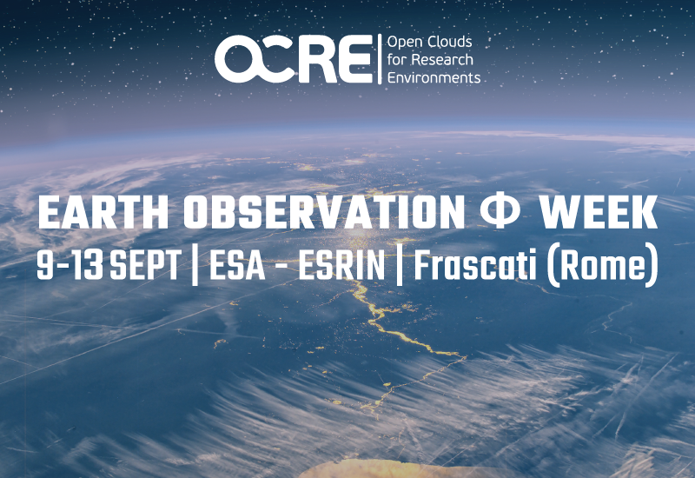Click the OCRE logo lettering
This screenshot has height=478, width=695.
tap(294, 59)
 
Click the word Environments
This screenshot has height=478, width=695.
tap(434, 77)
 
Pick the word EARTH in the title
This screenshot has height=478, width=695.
tap(103, 212)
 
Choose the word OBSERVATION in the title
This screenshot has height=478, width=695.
tap(324, 212)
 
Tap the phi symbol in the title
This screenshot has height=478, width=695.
tap(500, 212)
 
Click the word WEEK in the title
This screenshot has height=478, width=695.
tap(598, 212)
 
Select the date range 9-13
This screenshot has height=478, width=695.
tap(70, 265)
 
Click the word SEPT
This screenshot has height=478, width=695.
tap(145, 265)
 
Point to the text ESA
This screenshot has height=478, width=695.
tap(237, 265)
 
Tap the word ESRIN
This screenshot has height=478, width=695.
tap(341, 265)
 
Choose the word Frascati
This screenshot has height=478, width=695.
tap(474, 265)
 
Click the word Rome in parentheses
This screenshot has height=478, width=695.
tap(602, 266)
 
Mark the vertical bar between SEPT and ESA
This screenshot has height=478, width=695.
tap(195, 265)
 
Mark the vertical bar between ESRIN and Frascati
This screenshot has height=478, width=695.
tap(400, 265)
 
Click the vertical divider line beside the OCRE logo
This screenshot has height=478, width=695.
tap(380, 59)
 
